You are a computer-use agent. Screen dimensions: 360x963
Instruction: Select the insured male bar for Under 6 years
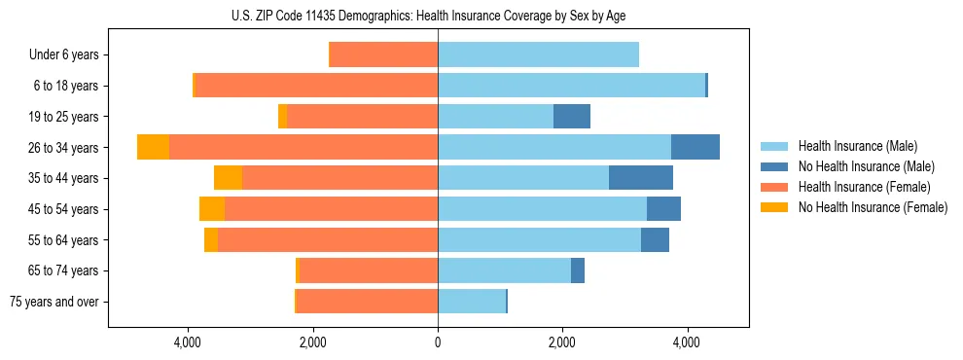click(x=538, y=54)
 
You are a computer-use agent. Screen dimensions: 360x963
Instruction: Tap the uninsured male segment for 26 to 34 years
click(x=695, y=147)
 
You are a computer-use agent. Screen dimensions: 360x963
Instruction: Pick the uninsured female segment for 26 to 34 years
click(x=153, y=147)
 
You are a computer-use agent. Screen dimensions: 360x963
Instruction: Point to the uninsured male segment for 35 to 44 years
click(x=640, y=178)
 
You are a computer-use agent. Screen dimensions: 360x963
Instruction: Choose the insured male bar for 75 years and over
click(x=472, y=302)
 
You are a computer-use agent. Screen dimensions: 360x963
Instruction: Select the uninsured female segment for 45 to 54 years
click(x=212, y=209)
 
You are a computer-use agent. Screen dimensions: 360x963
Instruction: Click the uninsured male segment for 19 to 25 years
click(x=571, y=117)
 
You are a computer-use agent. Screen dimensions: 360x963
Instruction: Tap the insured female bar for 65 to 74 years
click(x=368, y=270)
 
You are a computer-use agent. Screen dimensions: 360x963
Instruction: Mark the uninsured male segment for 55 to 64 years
click(x=655, y=239)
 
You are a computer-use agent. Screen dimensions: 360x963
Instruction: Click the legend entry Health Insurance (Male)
click(x=851, y=146)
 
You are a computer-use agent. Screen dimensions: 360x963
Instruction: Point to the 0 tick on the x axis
click(x=438, y=342)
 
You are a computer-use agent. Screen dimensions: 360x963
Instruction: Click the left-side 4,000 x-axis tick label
click(x=187, y=342)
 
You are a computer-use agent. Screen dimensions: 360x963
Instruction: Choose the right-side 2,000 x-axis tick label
click(x=562, y=342)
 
